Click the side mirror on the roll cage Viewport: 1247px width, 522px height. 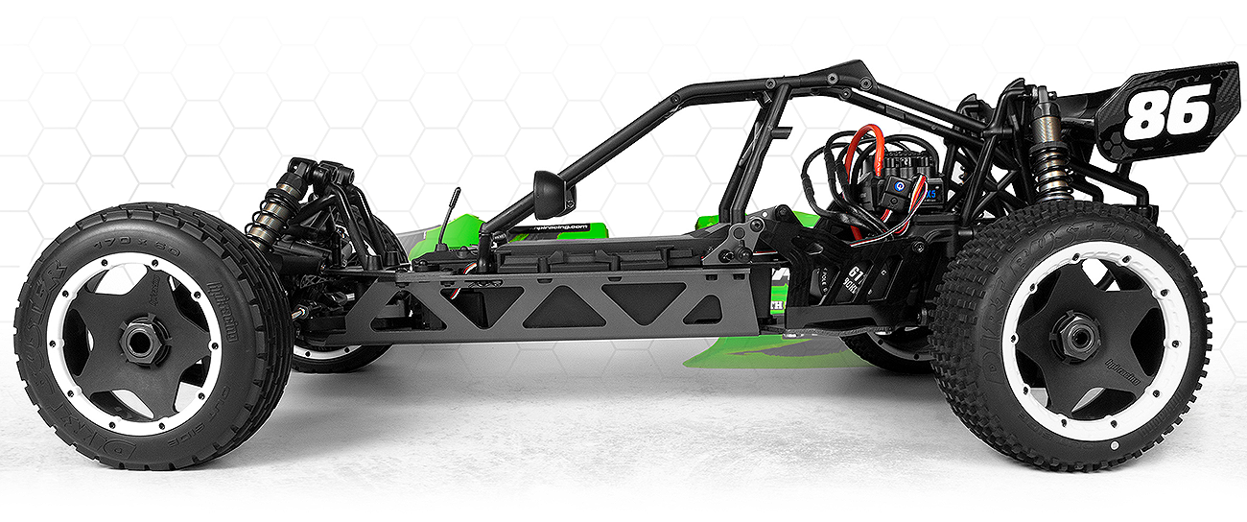pyautogui.click(x=550, y=195)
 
